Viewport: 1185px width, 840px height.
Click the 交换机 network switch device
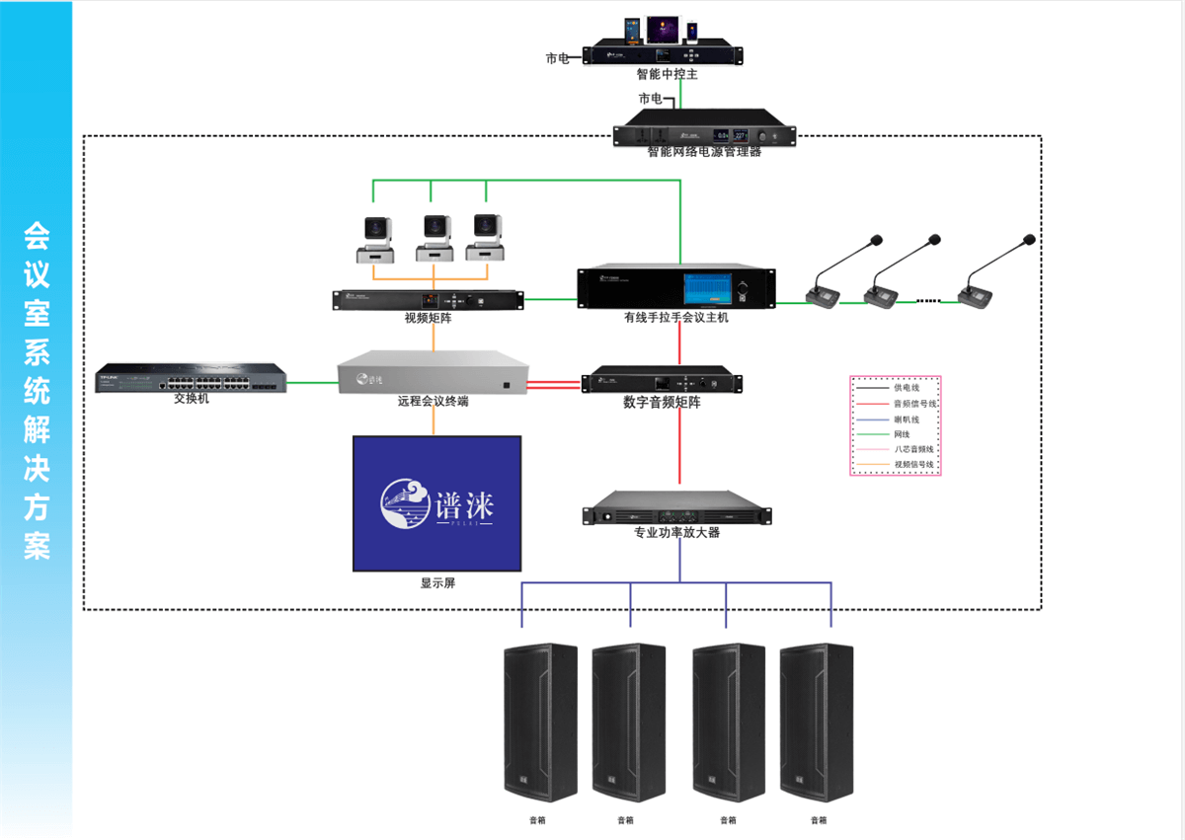191,378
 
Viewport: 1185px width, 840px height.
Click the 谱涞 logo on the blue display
436,503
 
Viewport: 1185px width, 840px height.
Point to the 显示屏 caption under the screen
437,583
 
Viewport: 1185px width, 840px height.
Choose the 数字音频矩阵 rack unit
661,381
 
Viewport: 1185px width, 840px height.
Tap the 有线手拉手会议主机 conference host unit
675,287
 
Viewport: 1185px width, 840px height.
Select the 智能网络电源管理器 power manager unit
704,132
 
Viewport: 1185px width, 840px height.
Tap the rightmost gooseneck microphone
991,276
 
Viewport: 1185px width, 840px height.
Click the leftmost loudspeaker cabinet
540,723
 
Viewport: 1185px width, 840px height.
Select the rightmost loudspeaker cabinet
817,723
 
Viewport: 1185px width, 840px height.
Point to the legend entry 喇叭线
907,419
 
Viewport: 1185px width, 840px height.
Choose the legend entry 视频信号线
913,464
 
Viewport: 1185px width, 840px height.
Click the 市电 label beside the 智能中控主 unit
558,58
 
